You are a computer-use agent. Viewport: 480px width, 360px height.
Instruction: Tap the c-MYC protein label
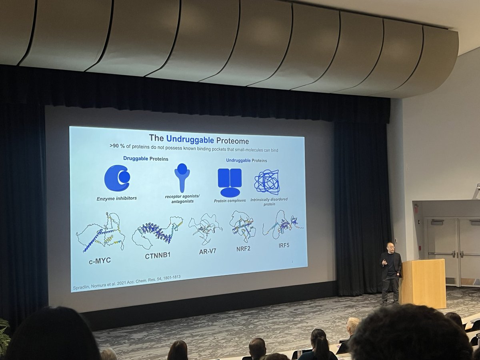pyautogui.click(x=100, y=261)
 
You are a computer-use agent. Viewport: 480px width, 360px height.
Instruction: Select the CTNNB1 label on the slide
pyautogui.click(x=158, y=255)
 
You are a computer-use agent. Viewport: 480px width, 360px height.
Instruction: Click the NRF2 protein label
pyautogui.click(x=243, y=248)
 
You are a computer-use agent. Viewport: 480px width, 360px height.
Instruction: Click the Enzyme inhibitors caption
pyautogui.click(x=116, y=198)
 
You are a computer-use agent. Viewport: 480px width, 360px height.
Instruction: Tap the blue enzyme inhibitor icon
pyautogui.click(x=117, y=178)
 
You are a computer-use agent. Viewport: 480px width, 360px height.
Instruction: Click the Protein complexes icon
pyautogui.click(x=230, y=182)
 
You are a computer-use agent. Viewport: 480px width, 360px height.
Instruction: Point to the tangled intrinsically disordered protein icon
pyautogui.click(x=267, y=182)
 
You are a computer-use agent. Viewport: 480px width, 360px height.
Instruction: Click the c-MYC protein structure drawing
pyautogui.click(x=101, y=232)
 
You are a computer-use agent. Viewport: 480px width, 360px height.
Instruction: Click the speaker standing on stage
pyautogui.click(x=390, y=272)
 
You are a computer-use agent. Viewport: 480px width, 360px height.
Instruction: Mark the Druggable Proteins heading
pyautogui.click(x=146, y=159)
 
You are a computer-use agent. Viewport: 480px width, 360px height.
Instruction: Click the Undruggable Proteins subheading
pyautogui.click(x=246, y=160)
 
